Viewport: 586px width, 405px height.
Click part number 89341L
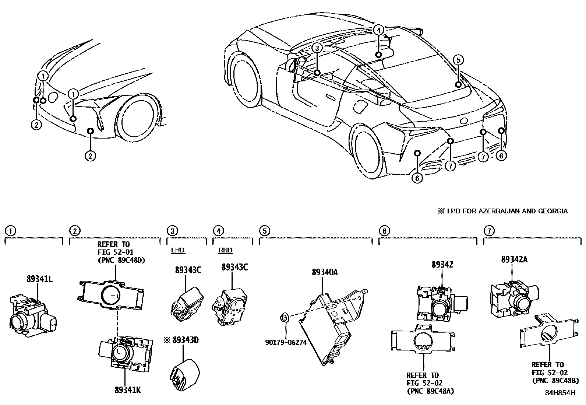39,279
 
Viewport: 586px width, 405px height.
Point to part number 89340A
325,272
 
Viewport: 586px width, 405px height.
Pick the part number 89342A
514,259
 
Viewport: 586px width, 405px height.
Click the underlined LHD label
178,250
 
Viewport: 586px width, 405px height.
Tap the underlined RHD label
225,250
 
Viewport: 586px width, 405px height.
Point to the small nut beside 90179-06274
284,317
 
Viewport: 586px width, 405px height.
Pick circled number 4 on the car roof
378,30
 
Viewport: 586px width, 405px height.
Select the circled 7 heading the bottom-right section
488,231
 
